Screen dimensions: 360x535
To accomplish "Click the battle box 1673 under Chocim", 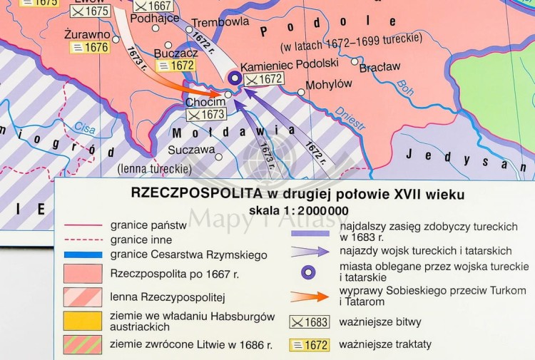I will pyautogui.click(x=206, y=114).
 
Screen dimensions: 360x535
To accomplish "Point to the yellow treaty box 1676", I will pyautogui.click(x=88, y=48).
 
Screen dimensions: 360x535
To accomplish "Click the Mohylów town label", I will pyautogui.click(x=329, y=84).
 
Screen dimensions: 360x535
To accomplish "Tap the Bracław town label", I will pyautogui.click(x=379, y=68).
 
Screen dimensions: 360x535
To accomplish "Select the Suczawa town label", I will pyautogui.click(x=191, y=150).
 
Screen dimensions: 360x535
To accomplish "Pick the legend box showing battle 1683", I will pyautogui.click(x=309, y=322).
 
